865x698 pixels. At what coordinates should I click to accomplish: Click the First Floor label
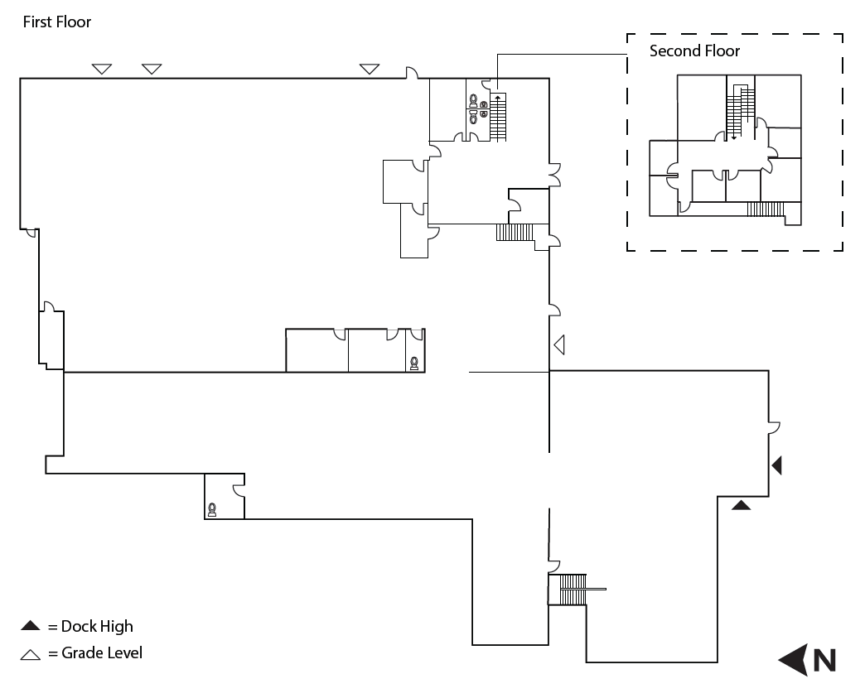[x=56, y=22]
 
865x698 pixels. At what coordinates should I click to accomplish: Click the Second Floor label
[x=694, y=51]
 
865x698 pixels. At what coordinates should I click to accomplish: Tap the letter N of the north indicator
[x=824, y=660]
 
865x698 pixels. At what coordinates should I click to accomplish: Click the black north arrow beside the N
[x=793, y=660]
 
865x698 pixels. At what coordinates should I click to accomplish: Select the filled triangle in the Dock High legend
[x=31, y=626]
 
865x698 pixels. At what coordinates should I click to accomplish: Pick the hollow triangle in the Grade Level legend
[x=31, y=654]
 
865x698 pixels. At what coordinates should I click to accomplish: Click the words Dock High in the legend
[x=97, y=626]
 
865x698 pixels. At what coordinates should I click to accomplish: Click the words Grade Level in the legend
[x=102, y=653]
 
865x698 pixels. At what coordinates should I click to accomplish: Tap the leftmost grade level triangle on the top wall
[x=101, y=69]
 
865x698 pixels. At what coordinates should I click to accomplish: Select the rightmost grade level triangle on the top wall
[x=369, y=69]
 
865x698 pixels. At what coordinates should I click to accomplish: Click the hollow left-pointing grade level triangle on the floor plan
[x=559, y=344]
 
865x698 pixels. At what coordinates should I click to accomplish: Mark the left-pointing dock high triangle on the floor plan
[x=776, y=466]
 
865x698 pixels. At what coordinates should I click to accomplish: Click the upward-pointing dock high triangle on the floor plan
[x=741, y=504]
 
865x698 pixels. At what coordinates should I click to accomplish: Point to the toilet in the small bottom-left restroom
[x=213, y=509]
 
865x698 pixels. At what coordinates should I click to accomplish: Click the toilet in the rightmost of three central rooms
[x=413, y=362]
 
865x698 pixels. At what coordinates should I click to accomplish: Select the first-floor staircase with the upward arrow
[x=498, y=118]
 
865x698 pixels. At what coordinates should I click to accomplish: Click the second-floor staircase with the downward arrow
[x=738, y=111]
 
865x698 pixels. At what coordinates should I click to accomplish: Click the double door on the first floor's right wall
[x=556, y=173]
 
